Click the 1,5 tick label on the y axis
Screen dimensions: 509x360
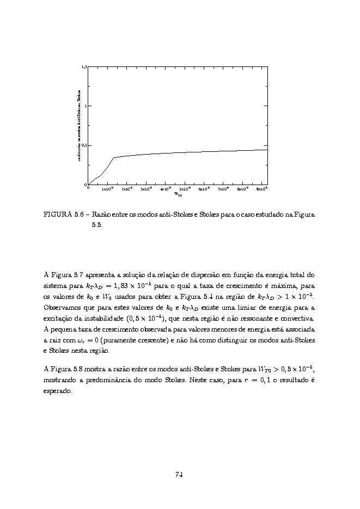coord(84,66)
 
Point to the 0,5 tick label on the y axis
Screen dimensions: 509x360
coord(84,145)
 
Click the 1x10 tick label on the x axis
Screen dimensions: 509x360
coord(107,189)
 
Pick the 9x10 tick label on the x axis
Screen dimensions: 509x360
coord(261,189)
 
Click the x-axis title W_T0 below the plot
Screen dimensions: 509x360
coord(178,194)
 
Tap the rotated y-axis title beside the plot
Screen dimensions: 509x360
coord(80,125)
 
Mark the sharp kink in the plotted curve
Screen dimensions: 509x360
coord(113,158)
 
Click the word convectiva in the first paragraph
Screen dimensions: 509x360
coord(297,318)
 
